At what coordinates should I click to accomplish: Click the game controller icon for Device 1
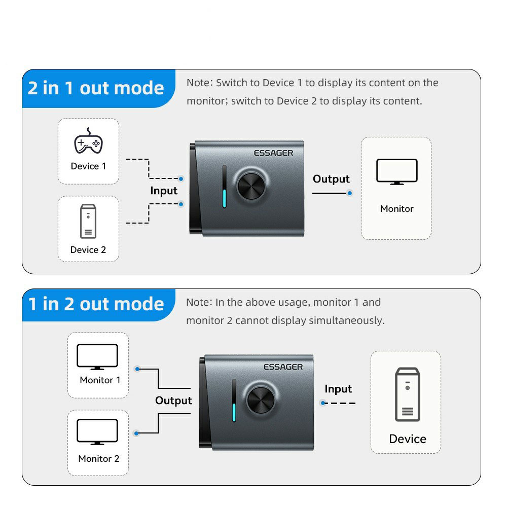click(88, 141)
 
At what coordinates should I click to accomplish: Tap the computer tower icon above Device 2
click(88, 221)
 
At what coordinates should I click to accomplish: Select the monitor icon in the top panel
click(397, 172)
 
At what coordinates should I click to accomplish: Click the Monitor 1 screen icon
click(97, 356)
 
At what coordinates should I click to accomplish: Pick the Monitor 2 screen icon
click(97, 431)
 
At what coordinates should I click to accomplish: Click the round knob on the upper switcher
click(251, 186)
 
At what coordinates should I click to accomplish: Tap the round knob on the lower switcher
click(261, 401)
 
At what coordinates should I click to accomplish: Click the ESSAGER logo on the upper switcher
click(274, 153)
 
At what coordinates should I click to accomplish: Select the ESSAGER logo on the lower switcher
click(283, 367)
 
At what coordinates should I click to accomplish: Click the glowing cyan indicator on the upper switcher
click(225, 198)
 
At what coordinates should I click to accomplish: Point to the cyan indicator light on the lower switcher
click(234, 412)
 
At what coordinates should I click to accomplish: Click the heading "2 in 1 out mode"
click(96, 88)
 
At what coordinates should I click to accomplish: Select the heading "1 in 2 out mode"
click(96, 304)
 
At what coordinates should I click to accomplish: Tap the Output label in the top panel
click(331, 179)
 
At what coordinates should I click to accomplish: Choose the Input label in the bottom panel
click(338, 389)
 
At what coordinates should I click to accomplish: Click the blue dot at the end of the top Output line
click(349, 193)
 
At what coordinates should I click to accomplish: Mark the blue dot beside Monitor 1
click(137, 369)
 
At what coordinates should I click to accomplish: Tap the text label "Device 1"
click(88, 166)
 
